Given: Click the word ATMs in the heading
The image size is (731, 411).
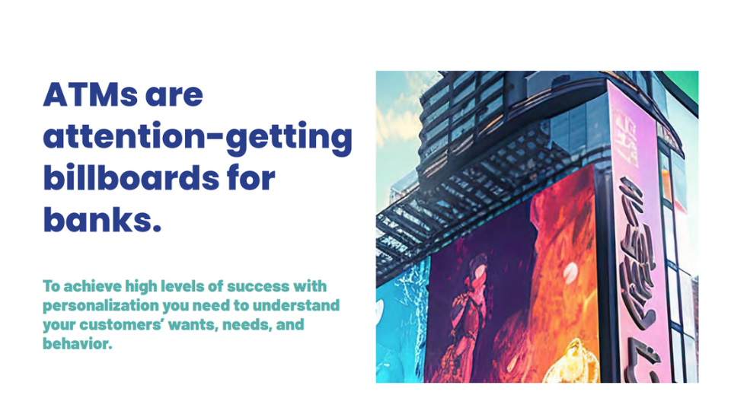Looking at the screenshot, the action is pyautogui.click(x=90, y=95).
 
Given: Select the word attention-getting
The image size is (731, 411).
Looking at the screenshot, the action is pyautogui.click(x=198, y=138).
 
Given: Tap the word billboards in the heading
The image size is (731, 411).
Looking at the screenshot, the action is pyautogui.click(x=131, y=177).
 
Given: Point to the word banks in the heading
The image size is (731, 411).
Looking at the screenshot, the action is pyautogui.click(x=97, y=219).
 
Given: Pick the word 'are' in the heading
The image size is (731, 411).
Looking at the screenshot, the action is pyautogui.click(x=174, y=97).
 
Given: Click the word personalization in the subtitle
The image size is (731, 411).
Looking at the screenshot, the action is pyautogui.click(x=101, y=306).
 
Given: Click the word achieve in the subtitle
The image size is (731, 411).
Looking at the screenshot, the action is pyautogui.click(x=92, y=286).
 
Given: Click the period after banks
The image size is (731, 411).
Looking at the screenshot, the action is pyautogui.click(x=157, y=228).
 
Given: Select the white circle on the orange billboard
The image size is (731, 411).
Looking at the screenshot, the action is pyautogui.click(x=570, y=271).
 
